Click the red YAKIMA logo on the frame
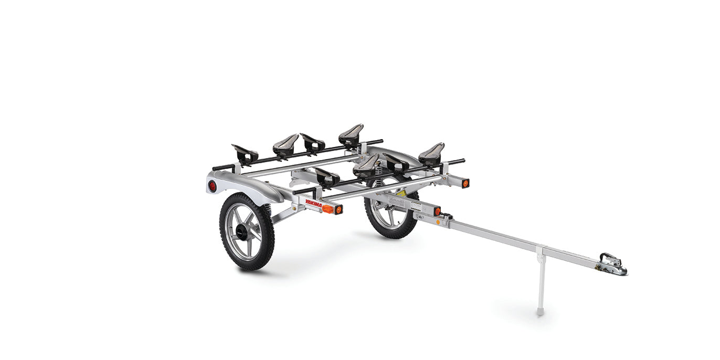(313, 203)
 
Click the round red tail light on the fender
(212, 186)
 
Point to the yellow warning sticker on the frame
(401, 193)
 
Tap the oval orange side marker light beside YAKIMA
(327, 208)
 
